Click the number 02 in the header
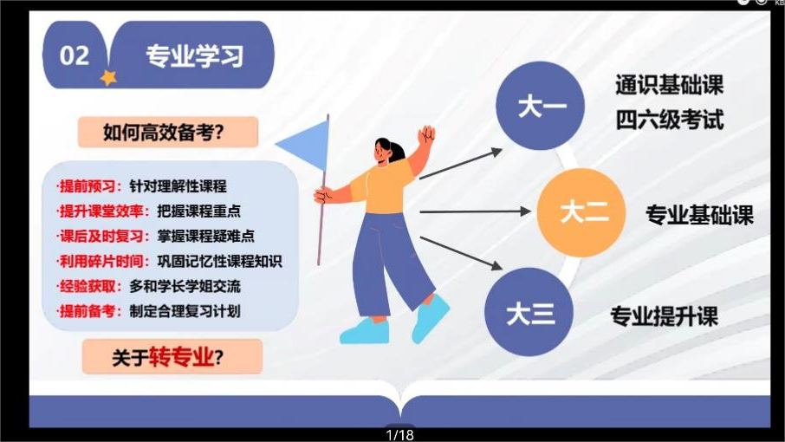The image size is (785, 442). [x=75, y=55]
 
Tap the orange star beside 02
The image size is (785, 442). [x=108, y=78]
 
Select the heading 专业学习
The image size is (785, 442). [x=195, y=55]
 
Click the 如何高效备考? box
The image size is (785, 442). [x=168, y=132]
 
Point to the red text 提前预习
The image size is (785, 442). [x=88, y=186]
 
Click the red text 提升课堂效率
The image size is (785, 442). [x=101, y=211]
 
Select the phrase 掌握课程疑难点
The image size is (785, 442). [x=205, y=237]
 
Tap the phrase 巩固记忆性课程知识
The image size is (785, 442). [x=220, y=261]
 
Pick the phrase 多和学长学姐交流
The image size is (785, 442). [x=185, y=286]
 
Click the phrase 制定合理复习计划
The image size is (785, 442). [x=185, y=311]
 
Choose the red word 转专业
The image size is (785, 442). [x=181, y=357]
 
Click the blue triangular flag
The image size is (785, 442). [x=303, y=145]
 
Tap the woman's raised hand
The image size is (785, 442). [x=426, y=134]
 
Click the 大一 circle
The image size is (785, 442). [x=540, y=106]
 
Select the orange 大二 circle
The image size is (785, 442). [x=581, y=212]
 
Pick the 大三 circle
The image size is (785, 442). [x=529, y=312]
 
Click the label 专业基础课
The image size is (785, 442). [x=699, y=215]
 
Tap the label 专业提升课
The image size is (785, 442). [x=665, y=316]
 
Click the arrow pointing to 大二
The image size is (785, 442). [x=475, y=211]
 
